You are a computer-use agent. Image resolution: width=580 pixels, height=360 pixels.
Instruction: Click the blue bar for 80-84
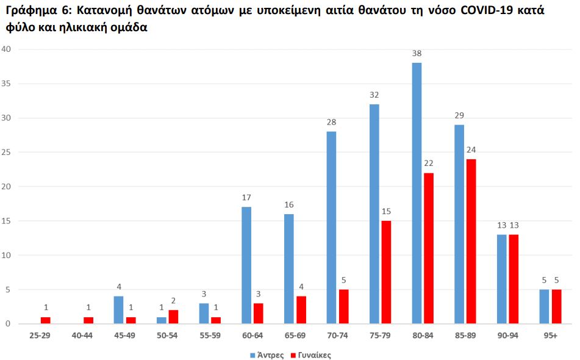click(x=417, y=193)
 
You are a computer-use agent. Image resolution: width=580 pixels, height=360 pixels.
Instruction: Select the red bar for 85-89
click(x=471, y=242)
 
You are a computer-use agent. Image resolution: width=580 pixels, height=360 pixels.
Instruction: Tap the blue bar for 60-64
click(x=246, y=265)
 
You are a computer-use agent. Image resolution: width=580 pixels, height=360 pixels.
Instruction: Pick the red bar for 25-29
click(x=45, y=320)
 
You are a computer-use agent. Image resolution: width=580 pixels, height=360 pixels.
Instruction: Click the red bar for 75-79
click(x=386, y=272)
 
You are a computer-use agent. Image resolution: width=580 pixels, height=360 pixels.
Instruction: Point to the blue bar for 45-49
click(x=118, y=310)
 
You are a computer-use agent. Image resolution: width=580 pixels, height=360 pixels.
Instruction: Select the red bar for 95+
click(x=556, y=306)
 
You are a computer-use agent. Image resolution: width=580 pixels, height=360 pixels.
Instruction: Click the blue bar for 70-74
click(x=331, y=228)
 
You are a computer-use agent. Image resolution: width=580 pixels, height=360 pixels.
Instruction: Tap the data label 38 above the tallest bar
click(x=417, y=54)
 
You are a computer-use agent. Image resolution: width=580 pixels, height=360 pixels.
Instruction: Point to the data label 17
click(x=246, y=198)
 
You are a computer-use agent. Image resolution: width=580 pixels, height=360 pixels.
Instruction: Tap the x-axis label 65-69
click(x=295, y=336)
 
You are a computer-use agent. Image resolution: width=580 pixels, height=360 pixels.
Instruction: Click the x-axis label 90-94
click(x=508, y=336)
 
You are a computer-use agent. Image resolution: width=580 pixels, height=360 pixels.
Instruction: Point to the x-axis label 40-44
click(x=82, y=336)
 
